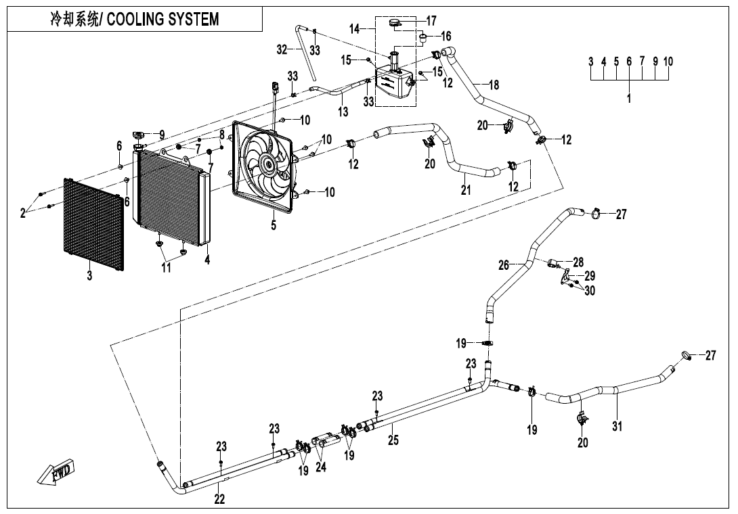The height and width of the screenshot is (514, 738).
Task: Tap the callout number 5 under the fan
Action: point(274,226)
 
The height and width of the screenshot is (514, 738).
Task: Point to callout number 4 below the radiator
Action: point(207,259)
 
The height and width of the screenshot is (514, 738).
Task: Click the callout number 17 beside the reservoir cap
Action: point(431,21)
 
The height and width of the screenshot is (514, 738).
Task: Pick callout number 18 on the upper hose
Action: point(494,85)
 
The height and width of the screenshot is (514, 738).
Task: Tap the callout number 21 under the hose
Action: point(466,190)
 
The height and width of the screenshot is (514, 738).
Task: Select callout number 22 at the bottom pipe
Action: point(219,499)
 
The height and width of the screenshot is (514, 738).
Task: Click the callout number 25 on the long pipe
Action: point(393,440)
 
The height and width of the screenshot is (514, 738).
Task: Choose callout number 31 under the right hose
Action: point(617,426)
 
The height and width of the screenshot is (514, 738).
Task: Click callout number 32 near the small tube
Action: point(282,49)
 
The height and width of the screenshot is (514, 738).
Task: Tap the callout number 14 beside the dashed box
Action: point(355,28)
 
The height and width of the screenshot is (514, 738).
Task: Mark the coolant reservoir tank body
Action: point(393,85)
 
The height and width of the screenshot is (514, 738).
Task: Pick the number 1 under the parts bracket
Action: point(629,99)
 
